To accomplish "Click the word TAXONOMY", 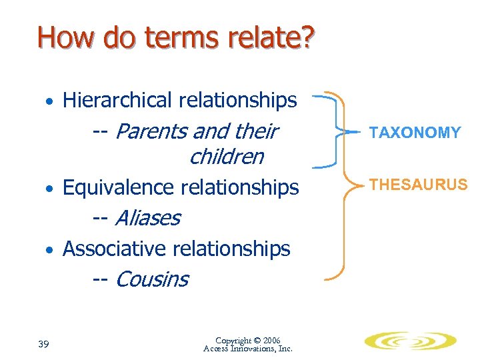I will coord(415,133).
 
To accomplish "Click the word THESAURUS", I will coord(419,185).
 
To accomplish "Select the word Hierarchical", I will coord(117,100).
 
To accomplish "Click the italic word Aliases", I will coord(147,218).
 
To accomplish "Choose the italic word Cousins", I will coord(151,279).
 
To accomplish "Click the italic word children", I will coord(226,157).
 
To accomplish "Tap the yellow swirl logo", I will coord(410,341).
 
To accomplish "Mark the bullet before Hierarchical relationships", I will coord(49,102).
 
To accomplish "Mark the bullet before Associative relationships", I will coord(49,251).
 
